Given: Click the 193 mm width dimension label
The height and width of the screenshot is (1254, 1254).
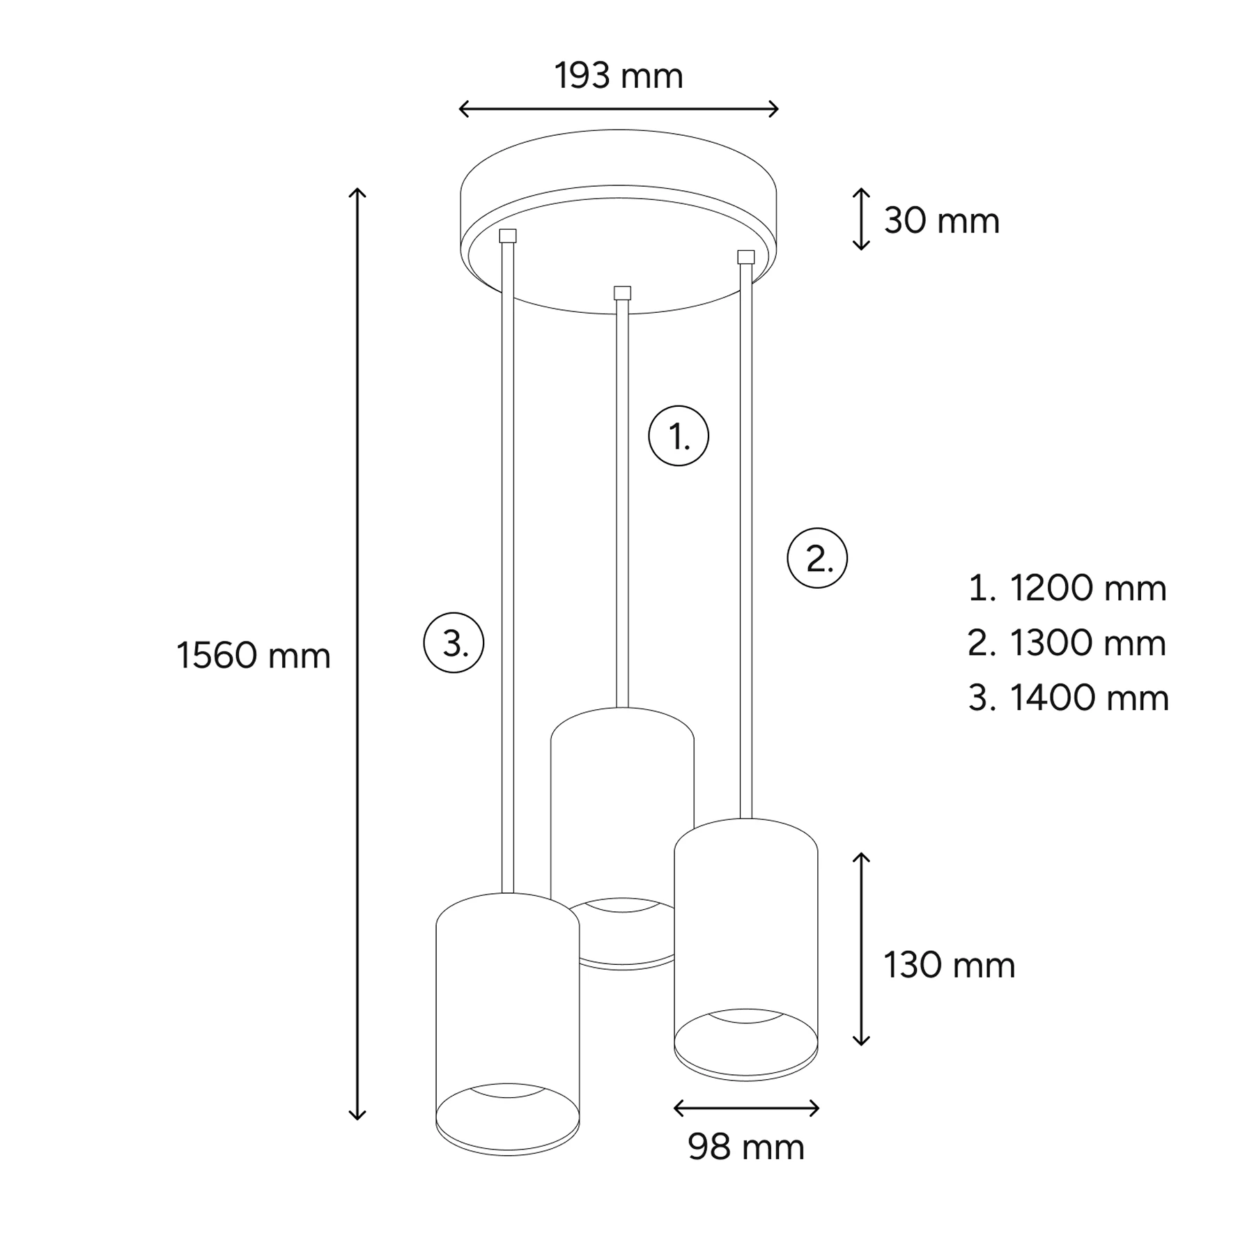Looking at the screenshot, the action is tap(619, 76).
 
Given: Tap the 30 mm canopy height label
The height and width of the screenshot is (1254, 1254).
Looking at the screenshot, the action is tap(942, 221).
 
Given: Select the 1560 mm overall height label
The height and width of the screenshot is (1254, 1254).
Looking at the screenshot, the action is tap(254, 656).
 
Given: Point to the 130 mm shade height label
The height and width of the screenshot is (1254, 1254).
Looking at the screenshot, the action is tap(949, 965).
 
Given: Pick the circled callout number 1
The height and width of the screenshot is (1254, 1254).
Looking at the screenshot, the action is tap(679, 436).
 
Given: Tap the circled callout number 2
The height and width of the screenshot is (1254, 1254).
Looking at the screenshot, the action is tap(817, 558).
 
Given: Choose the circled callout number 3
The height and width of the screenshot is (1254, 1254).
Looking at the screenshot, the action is tap(454, 642).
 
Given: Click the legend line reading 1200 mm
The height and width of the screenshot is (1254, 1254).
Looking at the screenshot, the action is tap(1067, 588).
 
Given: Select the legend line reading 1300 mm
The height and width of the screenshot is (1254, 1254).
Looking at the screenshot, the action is tap(1067, 643).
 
